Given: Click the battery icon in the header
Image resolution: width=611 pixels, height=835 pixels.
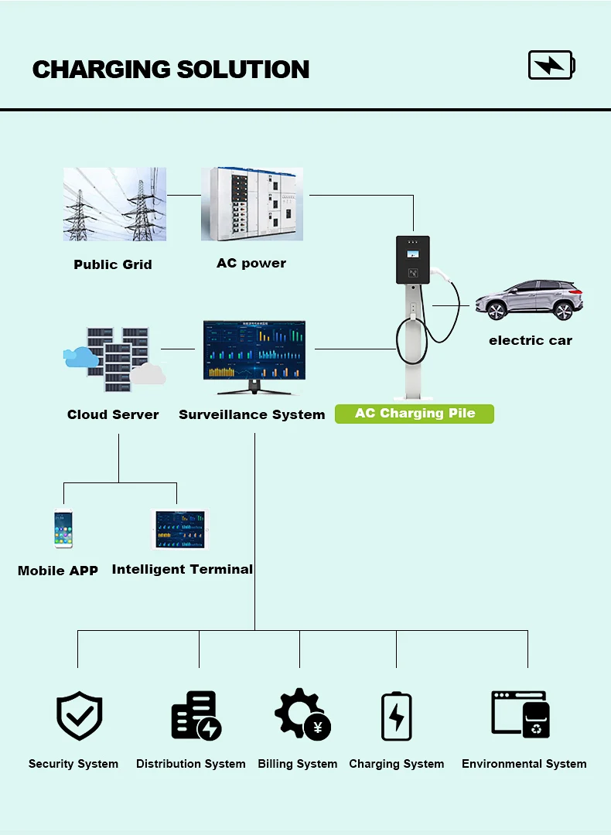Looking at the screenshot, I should click(551, 65).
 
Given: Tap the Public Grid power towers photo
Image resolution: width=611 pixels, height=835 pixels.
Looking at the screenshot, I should click(114, 204).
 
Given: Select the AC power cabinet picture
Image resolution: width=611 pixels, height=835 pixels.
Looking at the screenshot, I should click(252, 204).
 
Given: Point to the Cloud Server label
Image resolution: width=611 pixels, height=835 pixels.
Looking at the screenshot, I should click(113, 414).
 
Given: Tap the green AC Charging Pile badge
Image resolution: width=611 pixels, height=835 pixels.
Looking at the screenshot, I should click(415, 414).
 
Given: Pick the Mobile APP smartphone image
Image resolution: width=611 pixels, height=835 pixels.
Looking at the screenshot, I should click(63, 530).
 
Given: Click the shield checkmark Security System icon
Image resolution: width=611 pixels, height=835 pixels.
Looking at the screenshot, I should click(79, 716).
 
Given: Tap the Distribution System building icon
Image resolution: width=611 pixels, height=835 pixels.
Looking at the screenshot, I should click(195, 716).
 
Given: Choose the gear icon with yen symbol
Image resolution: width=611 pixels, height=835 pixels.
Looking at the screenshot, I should click(302, 714).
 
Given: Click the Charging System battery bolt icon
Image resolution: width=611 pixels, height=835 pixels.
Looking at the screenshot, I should click(397, 716).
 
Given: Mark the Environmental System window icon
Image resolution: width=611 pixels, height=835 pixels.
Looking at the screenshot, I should click(521, 714).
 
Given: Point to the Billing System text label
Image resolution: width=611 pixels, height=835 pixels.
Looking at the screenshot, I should click(298, 764).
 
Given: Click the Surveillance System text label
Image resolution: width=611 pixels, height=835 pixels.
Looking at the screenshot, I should click(252, 414).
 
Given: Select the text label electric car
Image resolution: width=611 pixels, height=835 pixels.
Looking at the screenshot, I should click(531, 340).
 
